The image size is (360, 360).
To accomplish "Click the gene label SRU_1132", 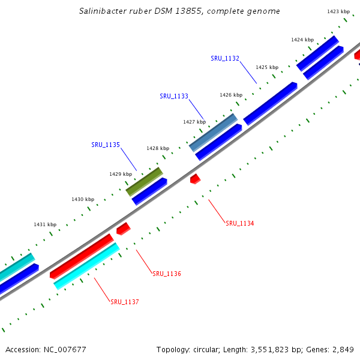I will click(x=225, y=58).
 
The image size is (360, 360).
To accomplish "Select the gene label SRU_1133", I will click(x=174, y=96).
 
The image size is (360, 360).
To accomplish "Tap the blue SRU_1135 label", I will click(x=106, y=145).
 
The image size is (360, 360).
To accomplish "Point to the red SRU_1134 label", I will click(x=239, y=223).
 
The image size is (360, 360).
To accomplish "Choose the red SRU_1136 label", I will click(x=167, y=274).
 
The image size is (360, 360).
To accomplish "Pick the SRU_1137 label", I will click(x=125, y=302).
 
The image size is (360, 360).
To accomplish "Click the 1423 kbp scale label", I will click(x=338, y=11).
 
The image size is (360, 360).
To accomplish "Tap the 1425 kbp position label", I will click(x=267, y=67).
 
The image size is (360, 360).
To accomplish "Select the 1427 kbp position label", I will click(x=194, y=122).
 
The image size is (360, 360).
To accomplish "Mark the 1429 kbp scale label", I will click(x=121, y=174).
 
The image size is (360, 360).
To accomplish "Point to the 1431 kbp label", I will click(x=45, y=224).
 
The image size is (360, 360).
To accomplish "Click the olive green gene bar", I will click(x=144, y=182).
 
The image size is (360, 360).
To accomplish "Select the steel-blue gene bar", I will click(x=213, y=133).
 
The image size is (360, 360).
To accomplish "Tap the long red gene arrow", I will click(x=82, y=256).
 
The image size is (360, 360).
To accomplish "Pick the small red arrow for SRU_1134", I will click(x=195, y=179).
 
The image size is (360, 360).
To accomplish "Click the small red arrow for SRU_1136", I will click(x=123, y=229).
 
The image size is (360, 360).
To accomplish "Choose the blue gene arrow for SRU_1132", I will click(x=270, y=103).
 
